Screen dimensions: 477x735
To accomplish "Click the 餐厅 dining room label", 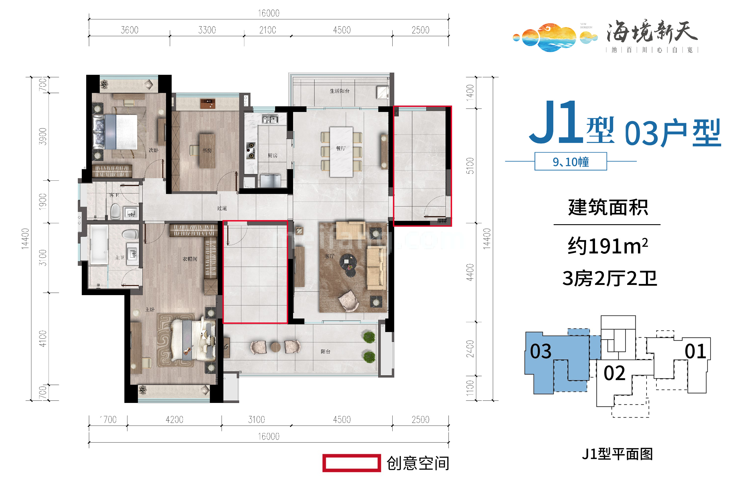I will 340,148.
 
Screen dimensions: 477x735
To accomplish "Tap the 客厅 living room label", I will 329,256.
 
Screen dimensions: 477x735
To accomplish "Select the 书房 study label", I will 207,150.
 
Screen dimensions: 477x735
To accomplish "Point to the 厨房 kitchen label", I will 272,156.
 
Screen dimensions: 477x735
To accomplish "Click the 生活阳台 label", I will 339,91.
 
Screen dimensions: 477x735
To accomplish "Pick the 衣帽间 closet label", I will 190,259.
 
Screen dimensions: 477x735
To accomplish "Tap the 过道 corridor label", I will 222,208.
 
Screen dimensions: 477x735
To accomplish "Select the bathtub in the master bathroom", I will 99,245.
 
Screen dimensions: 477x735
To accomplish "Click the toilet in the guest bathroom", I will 116,211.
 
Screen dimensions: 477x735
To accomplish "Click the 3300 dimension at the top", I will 207,30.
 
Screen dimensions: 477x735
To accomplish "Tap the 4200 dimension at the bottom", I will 174,420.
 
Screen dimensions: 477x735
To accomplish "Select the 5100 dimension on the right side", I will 470,166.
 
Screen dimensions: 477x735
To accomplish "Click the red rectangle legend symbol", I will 352,463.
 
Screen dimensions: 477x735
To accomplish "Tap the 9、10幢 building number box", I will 570,162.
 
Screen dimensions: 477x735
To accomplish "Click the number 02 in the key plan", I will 614,373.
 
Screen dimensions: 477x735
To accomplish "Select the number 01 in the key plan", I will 695,351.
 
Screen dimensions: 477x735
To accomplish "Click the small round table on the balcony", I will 276,347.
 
